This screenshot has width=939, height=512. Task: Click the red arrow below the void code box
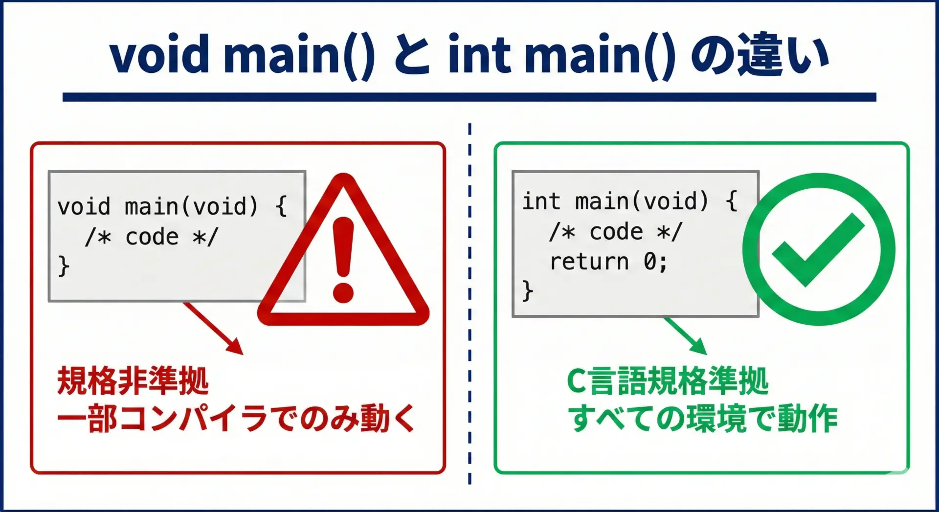click(x=213, y=328)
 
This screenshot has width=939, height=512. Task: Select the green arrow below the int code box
click(x=685, y=335)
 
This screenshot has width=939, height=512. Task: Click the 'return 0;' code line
click(x=608, y=262)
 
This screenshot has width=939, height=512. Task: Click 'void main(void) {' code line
click(x=172, y=206)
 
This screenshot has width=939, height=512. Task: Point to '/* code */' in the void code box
click(x=151, y=237)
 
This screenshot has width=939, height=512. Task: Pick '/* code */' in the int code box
click(x=615, y=232)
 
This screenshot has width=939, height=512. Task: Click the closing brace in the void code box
click(x=64, y=267)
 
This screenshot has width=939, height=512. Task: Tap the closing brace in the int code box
click(x=528, y=291)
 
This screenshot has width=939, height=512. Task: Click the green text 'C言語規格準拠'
click(x=668, y=381)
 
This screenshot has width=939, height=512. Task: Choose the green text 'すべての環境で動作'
click(x=703, y=419)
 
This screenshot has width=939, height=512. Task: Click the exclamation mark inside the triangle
click(x=343, y=260)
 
